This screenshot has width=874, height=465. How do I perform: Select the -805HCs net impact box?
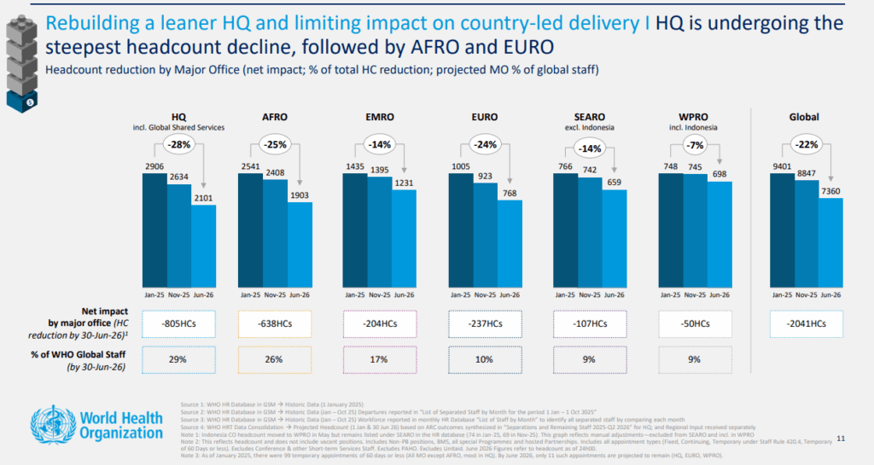(x=178, y=323)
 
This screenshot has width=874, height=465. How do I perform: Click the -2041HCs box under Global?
(x=806, y=323)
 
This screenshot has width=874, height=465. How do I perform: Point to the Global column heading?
(x=805, y=117)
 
